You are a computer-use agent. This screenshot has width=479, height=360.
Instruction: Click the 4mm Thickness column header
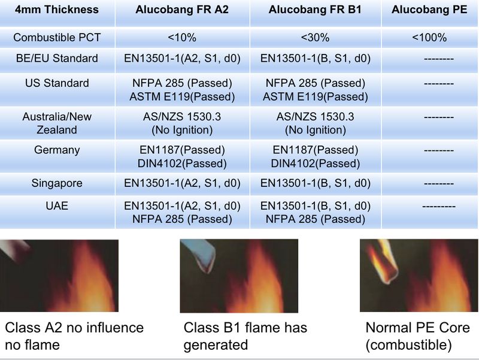point(57,10)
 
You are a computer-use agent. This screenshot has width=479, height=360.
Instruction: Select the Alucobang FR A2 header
point(182,10)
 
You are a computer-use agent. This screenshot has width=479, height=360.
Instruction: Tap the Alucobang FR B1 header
point(315,10)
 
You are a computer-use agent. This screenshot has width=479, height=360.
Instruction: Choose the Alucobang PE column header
point(429,10)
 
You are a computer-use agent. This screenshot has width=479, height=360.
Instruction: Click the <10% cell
point(182,38)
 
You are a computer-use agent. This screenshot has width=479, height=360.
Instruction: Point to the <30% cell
point(316,38)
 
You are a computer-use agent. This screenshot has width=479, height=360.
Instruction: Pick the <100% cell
point(429,38)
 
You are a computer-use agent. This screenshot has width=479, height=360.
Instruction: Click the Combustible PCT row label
point(57,38)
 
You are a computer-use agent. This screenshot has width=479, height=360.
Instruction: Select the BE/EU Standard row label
point(57,58)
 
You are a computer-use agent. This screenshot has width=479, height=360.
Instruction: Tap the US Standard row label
point(57,83)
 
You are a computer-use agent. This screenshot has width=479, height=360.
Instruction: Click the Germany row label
point(57,150)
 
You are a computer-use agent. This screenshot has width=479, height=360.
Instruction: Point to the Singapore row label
point(57,183)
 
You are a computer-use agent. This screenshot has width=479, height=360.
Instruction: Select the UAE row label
point(57,205)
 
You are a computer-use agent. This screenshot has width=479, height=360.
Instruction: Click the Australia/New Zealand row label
point(57,123)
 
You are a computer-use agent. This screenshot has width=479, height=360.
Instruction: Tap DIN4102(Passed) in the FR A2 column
point(182,164)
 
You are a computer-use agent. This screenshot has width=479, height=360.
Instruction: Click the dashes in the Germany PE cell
point(439,150)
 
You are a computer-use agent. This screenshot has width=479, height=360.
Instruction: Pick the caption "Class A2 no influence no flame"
point(74,336)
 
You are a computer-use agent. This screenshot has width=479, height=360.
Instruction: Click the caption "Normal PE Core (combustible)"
point(417,336)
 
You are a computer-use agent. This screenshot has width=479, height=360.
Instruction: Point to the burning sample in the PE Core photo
point(382,262)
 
